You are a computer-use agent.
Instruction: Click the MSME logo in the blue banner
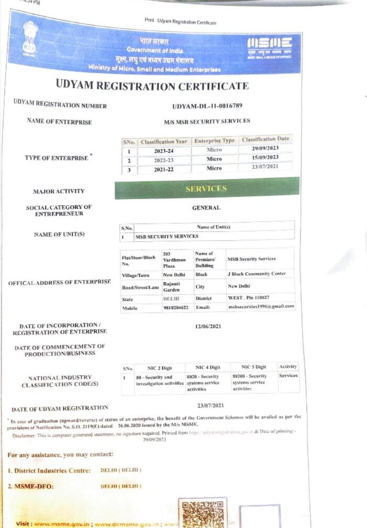(269, 46)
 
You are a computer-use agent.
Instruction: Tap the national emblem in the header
(30, 38)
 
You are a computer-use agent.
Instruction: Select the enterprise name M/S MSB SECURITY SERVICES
(207, 121)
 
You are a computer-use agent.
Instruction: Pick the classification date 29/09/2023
(265, 149)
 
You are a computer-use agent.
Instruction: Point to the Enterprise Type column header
(214, 141)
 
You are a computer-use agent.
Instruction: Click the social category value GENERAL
(206, 208)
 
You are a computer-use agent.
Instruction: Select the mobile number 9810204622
(176, 308)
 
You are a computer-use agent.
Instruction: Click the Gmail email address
(261, 307)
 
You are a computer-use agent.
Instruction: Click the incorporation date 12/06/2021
(207, 327)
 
